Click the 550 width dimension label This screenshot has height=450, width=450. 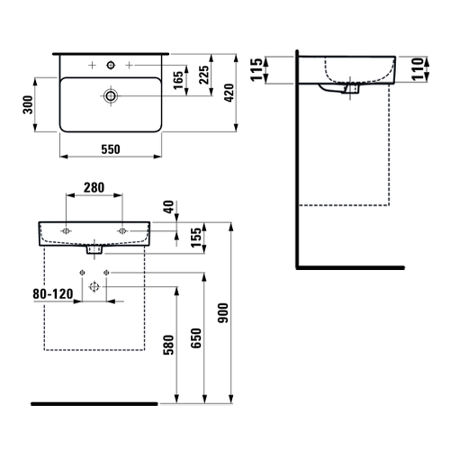click(x=111, y=149)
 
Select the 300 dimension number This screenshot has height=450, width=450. click(x=28, y=104)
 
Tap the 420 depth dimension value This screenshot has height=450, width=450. click(x=229, y=93)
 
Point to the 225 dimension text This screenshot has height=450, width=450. click(x=204, y=75)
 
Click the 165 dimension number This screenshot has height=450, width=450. click(x=178, y=80)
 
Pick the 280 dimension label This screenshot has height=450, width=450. click(x=94, y=188)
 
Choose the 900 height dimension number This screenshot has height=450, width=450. click(x=223, y=313)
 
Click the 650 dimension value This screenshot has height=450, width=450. click(x=196, y=338)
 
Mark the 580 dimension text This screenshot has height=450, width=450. click(x=168, y=345)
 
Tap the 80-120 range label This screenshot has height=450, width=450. click(x=53, y=294)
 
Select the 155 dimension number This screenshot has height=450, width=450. click(x=196, y=238)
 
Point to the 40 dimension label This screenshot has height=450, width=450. click(x=169, y=207)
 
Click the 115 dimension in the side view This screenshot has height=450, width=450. click(x=256, y=69)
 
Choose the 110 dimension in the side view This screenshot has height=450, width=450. click(x=418, y=69)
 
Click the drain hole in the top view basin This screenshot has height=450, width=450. click(x=111, y=95)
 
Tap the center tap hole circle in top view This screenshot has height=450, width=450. click(x=111, y=65)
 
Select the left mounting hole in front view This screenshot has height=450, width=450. click(x=66, y=231)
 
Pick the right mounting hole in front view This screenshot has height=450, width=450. click(x=122, y=231)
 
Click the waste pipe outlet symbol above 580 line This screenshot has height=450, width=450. click(x=94, y=287)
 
